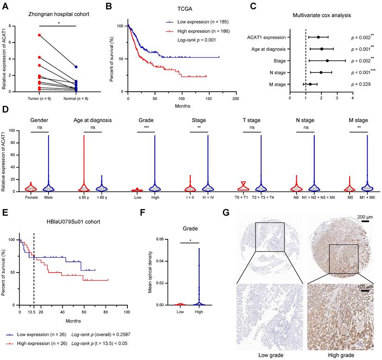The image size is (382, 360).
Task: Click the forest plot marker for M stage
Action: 310,84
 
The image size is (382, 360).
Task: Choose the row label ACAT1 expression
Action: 265,37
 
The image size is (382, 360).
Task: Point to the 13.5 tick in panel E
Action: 34,313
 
